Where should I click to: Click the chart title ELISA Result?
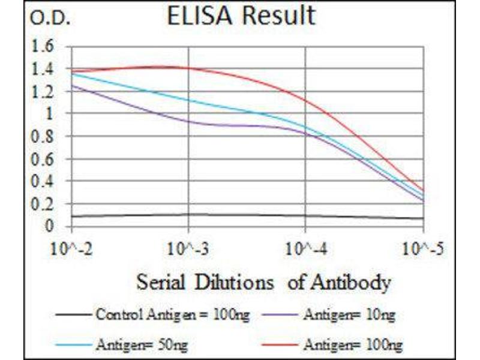(241, 16)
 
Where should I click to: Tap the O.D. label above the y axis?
(50, 19)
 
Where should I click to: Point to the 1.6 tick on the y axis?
(45, 47)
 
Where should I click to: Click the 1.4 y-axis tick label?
(45, 70)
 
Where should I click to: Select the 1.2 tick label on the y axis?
(45, 92)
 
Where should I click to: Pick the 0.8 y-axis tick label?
(45, 137)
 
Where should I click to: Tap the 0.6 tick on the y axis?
(45, 160)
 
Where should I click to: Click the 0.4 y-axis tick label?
(45, 182)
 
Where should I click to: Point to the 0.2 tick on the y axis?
(45, 205)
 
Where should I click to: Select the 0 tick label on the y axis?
(50, 227)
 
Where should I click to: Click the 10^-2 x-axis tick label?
(71, 248)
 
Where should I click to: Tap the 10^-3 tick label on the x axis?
(188, 248)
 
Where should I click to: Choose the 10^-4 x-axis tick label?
(306, 248)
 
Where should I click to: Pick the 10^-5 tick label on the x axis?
(423, 248)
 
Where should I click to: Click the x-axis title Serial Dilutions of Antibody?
(263, 281)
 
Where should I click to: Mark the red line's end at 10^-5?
(424, 191)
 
